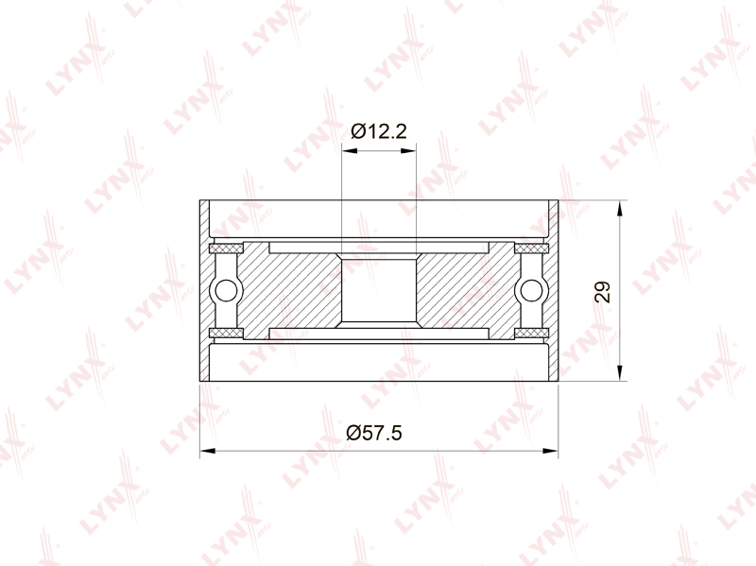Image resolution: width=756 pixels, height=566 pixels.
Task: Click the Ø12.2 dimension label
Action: click(379, 130)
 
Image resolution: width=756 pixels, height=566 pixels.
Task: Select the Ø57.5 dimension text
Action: click(374, 433)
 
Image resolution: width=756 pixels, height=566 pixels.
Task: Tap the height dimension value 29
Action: click(603, 291)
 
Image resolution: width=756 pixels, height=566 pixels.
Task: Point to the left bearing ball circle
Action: click(226, 291)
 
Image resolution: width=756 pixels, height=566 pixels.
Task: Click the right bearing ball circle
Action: click(531, 291)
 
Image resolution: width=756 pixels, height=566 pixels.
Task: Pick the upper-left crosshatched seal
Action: click(226, 249)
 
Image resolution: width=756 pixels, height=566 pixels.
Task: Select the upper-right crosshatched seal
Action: click(532, 249)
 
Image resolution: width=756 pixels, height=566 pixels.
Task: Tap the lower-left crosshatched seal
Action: click(226, 333)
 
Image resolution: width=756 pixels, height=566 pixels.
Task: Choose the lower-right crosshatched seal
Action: click(532, 333)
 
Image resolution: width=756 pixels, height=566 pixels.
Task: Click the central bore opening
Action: click(379, 290)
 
